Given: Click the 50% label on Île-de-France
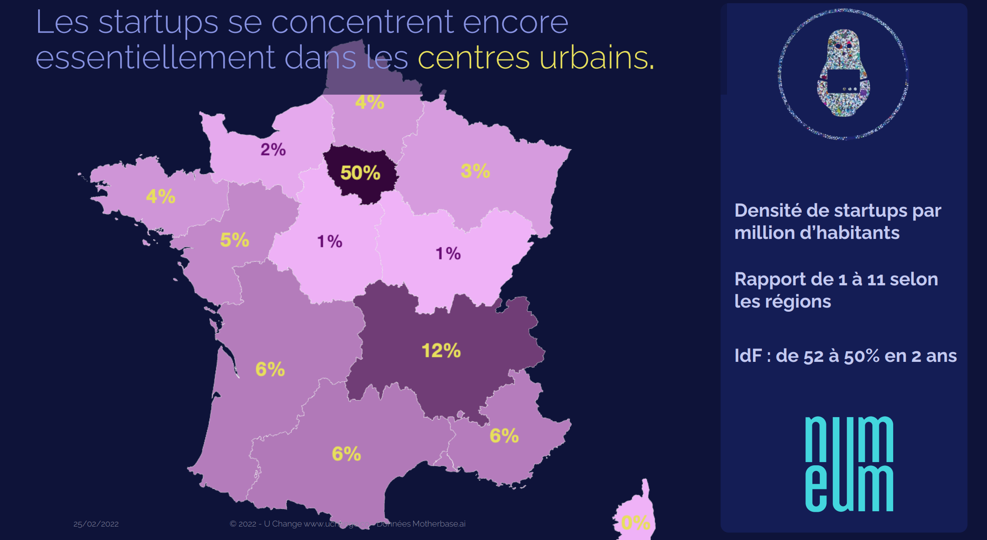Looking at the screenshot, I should point(360,173).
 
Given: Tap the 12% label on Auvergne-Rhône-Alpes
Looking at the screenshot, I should point(441,351).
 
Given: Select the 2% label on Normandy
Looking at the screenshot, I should point(273,149).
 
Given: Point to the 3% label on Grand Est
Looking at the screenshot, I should point(475,171).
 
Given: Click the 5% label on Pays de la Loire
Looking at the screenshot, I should point(234,240).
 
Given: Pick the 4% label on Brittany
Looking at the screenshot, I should point(161,196).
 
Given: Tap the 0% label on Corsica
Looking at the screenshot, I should point(636,523).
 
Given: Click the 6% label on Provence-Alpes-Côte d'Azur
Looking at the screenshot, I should point(504,436).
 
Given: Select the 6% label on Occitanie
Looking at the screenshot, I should point(346,454).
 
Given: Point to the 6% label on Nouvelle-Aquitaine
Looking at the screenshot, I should point(270,369).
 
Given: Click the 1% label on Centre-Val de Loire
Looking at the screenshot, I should point(330,241).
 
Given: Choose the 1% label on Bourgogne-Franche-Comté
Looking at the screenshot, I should point(448,253).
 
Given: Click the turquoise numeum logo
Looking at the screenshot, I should point(849,464).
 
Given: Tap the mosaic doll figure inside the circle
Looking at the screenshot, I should point(844,73).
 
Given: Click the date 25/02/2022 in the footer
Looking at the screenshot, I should point(96,524).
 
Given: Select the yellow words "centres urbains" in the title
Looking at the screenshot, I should point(536,58).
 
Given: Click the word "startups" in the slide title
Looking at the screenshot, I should point(158,22).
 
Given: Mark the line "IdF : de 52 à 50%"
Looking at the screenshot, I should point(845,356).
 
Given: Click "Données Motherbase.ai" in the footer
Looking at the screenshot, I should point(421,524).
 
